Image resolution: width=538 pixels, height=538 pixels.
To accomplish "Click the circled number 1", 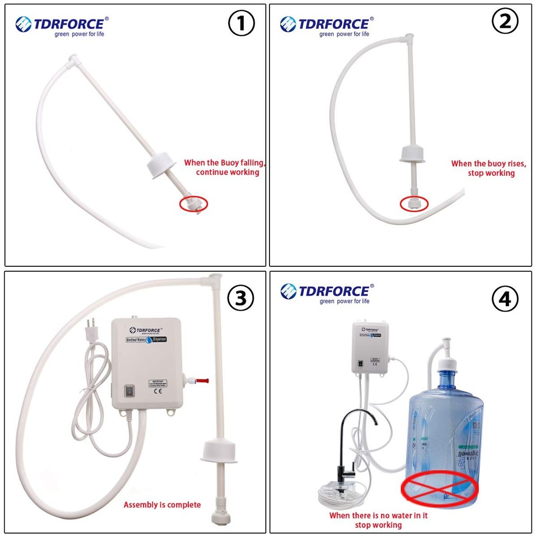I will click(x=242, y=24).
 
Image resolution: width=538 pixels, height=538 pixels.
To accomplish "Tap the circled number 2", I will click(x=506, y=21).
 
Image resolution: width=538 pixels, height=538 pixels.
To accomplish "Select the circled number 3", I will click(x=240, y=297).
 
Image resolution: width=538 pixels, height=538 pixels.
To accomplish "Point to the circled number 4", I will click(x=506, y=298).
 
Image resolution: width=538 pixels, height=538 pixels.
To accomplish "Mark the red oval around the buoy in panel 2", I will click(x=414, y=203).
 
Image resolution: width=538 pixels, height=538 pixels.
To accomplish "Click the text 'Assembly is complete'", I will click(x=162, y=505).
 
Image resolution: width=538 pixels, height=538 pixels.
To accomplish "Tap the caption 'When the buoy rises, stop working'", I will click(x=489, y=168).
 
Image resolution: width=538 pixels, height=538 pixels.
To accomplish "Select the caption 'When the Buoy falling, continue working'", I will click(x=225, y=167).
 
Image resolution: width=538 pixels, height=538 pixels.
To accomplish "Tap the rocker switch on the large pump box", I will click(x=130, y=392).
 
